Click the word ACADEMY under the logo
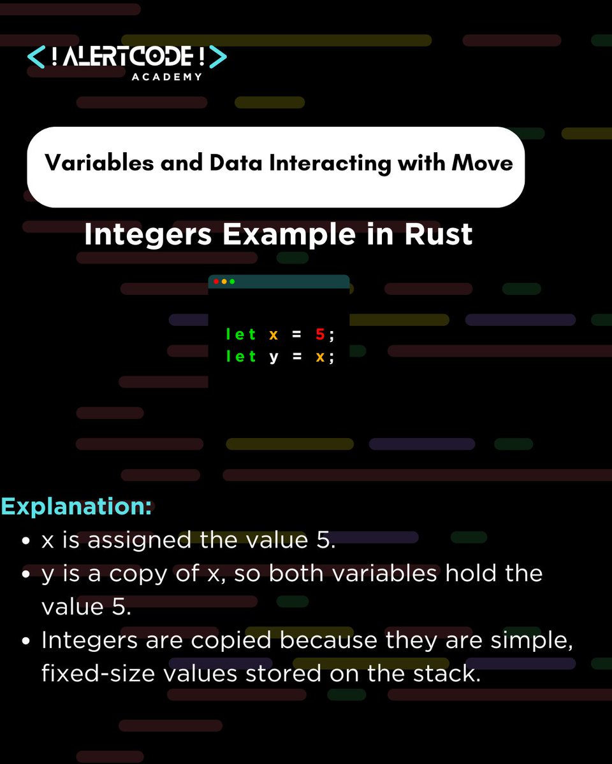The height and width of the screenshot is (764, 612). pos(167,77)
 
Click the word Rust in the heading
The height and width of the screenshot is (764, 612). pos(439,235)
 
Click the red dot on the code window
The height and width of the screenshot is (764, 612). pos(216,281)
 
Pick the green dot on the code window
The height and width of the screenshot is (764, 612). pos(232,281)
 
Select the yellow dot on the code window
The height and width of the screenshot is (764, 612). pos(224,281)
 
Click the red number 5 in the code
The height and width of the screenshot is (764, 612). pos(320,334)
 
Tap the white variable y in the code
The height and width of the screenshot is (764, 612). pos(273,357)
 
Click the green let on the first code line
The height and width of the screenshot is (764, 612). pos(240,334)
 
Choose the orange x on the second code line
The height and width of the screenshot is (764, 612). pos(320,357)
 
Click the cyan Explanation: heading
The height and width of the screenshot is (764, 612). pos(76,507)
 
